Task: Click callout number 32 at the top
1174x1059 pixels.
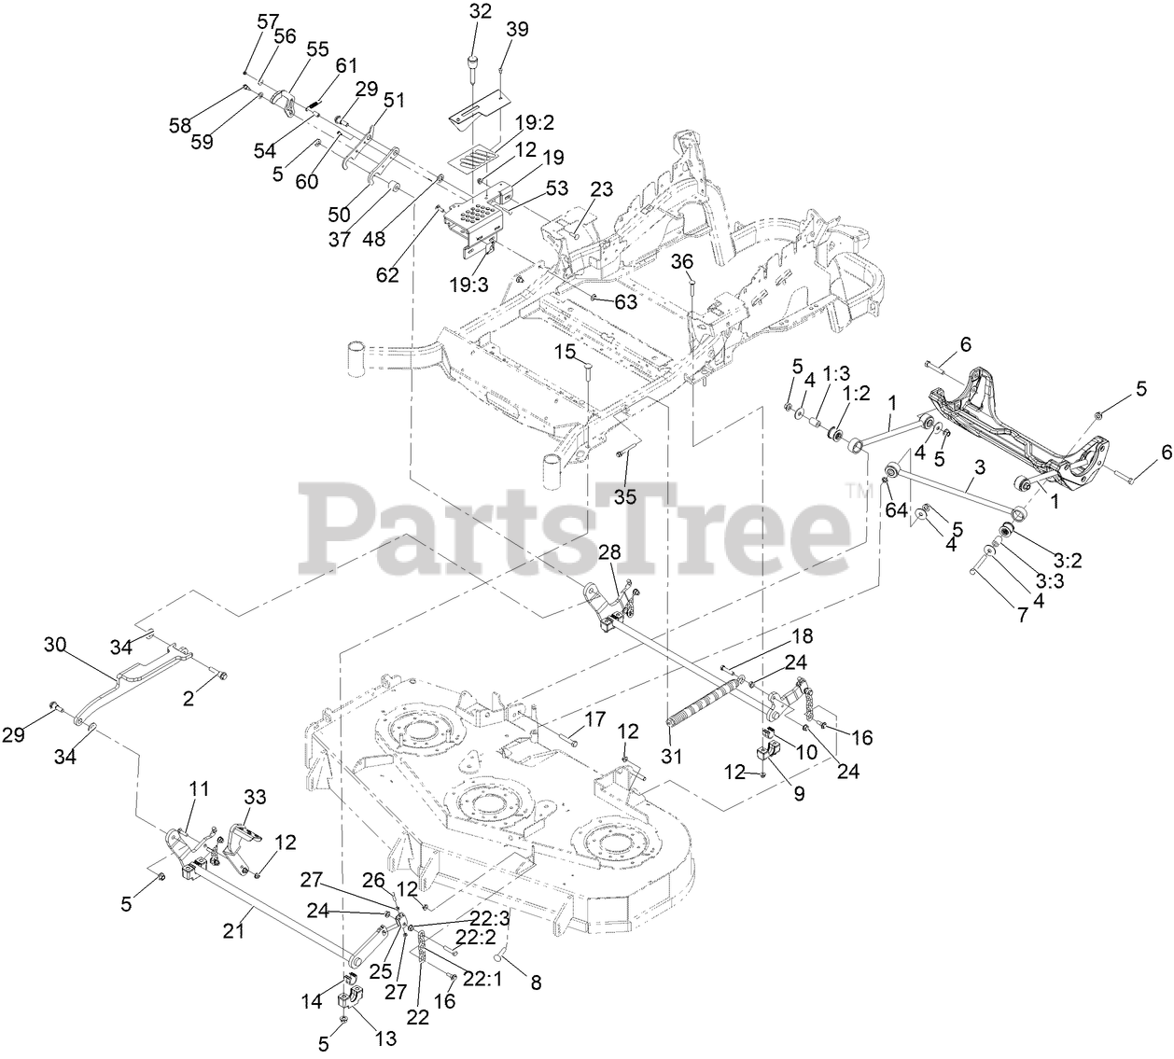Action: [x=481, y=12]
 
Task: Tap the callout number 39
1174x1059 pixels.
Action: [x=517, y=30]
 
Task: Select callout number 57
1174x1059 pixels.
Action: [x=268, y=21]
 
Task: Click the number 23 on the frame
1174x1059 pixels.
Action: [x=601, y=189]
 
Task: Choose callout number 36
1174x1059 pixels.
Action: [x=683, y=263]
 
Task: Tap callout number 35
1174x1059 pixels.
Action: [x=624, y=497]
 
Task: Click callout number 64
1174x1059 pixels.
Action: [x=897, y=509]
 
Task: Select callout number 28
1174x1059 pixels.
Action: [x=609, y=552]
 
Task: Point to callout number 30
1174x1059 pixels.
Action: [x=56, y=644]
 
